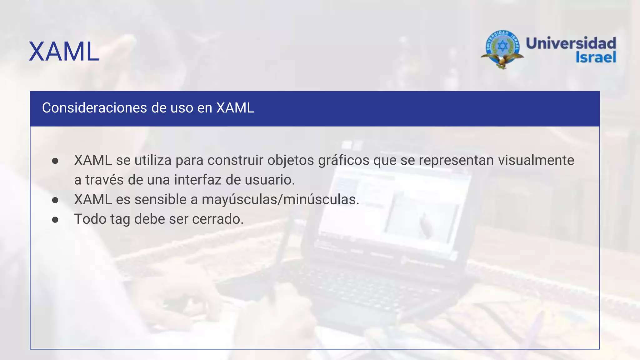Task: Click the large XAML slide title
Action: pos(64,52)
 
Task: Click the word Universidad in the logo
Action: pos(571,43)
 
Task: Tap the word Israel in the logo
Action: pos(596,57)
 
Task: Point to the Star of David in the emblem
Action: pos(502,47)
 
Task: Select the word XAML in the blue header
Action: pos(235,108)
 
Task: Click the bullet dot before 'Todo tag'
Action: pos(55,220)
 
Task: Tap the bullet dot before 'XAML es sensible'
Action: pos(55,200)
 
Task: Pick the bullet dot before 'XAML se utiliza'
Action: pos(55,161)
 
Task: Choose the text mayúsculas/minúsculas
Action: pos(280,200)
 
